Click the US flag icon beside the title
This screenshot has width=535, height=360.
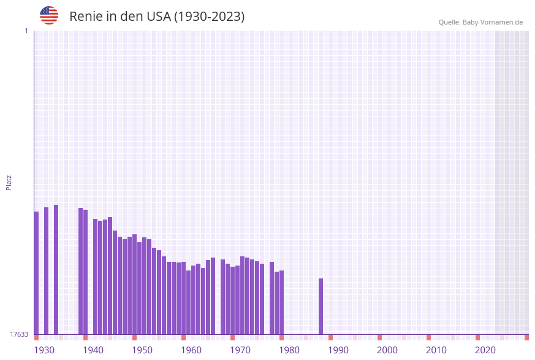(x=49, y=15)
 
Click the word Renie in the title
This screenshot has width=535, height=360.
(x=86, y=17)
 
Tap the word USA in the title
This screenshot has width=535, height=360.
(x=158, y=17)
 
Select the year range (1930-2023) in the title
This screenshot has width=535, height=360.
(x=210, y=17)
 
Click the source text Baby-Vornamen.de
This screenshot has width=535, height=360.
(x=492, y=22)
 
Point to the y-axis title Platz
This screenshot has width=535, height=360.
(x=9, y=182)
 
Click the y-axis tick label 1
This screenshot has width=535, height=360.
(x=26, y=31)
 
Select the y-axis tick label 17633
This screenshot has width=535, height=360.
(x=19, y=334)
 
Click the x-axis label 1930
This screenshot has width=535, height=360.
(x=44, y=350)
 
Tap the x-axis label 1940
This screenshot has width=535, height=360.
(x=93, y=350)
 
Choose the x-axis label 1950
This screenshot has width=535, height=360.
(x=142, y=350)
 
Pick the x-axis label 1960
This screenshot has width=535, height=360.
(x=191, y=350)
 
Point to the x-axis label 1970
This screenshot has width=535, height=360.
(x=240, y=350)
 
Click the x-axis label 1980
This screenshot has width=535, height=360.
(x=289, y=350)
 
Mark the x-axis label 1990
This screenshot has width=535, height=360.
(x=338, y=350)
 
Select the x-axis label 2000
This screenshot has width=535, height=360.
(x=387, y=350)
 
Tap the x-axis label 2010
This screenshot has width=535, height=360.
(x=436, y=350)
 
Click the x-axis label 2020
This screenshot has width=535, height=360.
(x=485, y=350)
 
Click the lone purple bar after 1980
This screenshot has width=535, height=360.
(x=321, y=307)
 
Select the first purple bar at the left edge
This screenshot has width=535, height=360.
(x=36, y=273)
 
